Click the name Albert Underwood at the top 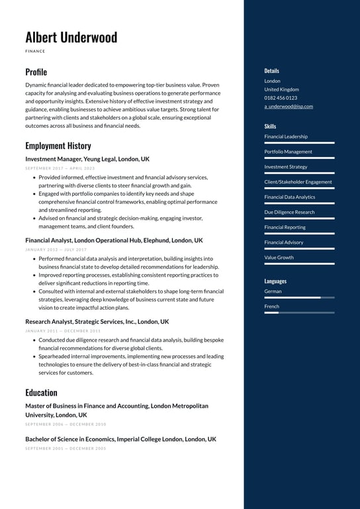pos(71,37)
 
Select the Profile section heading pos(36,71)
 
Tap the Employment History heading pos(58,146)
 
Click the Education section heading pos(41,392)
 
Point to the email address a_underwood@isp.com pos(289,106)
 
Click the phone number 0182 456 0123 pos(281,98)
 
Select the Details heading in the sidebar pos(271,71)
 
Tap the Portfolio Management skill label pos(288,152)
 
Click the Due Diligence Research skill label pos(289,212)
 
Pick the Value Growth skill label pos(279,257)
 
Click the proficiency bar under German pos(299,298)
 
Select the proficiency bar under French pos(299,313)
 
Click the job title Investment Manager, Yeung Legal pos(87,159)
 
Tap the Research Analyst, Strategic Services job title pos(97,322)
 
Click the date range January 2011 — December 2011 pos(63,331)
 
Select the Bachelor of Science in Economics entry pos(120,439)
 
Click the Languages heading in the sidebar pos(275,281)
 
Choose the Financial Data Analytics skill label pos(290,197)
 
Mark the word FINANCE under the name pos(35,51)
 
